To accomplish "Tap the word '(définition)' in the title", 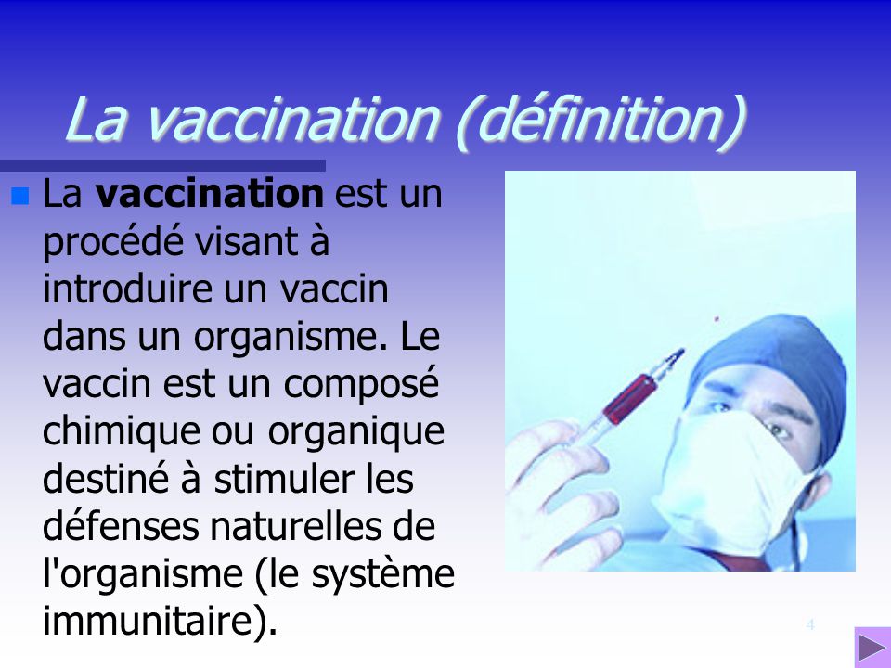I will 600,122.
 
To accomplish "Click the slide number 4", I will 810,624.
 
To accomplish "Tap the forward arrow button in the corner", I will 871,648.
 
